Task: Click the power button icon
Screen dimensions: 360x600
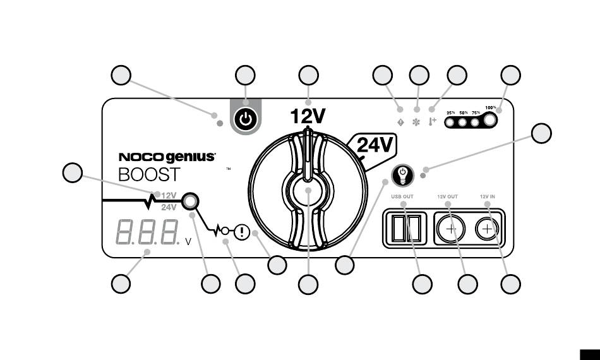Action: click(x=245, y=119)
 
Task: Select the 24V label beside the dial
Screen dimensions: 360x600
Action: click(x=376, y=146)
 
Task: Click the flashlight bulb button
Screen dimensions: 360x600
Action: click(x=402, y=173)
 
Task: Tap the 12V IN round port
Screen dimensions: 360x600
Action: click(x=487, y=227)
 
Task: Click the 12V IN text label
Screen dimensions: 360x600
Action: click(x=487, y=196)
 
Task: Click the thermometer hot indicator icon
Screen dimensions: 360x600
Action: click(x=433, y=120)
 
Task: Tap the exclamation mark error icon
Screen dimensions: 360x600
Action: click(x=241, y=232)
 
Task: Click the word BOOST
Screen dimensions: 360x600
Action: click(x=149, y=175)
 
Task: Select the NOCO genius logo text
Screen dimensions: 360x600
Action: click(x=167, y=158)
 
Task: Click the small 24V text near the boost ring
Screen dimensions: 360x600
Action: click(x=169, y=207)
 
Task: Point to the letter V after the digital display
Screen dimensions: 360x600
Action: click(x=188, y=241)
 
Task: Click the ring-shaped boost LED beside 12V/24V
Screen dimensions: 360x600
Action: click(x=189, y=202)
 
